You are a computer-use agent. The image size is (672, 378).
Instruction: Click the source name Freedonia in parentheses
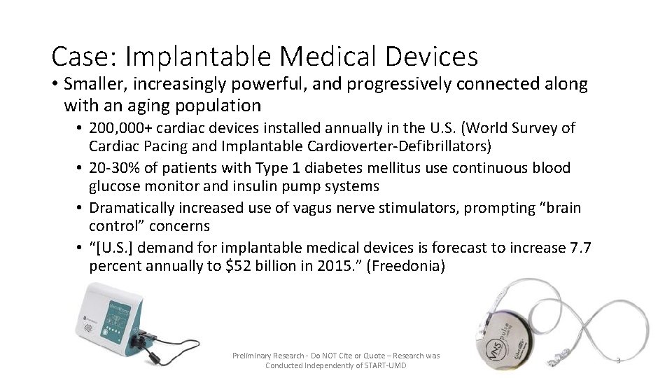click(405, 267)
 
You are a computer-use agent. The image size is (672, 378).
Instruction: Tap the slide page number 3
click(618, 360)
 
